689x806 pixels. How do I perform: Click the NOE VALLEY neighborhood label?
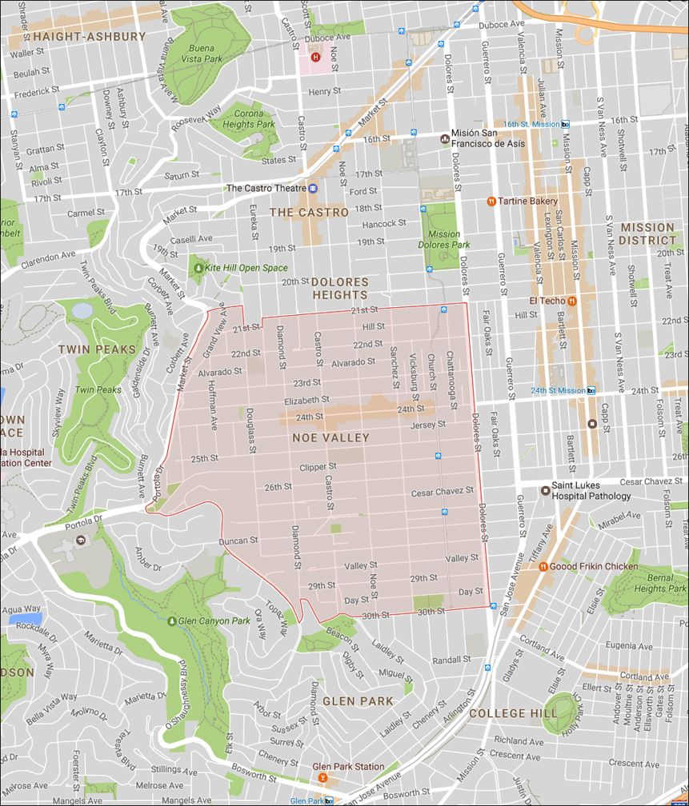pyautogui.click(x=330, y=437)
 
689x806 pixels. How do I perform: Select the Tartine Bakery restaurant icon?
pyautogui.click(x=491, y=201)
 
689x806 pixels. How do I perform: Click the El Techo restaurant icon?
pyautogui.click(x=573, y=301)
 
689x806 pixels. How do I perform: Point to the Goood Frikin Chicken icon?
pyautogui.click(x=543, y=566)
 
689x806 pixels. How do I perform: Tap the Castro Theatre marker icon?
pyautogui.click(x=313, y=188)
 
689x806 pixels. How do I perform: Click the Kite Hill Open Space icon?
pyautogui.click(x=198, y=268)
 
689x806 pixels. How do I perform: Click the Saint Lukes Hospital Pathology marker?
pyautogui.click(x=544, y=489)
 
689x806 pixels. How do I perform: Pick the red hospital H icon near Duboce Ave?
pyautogui.click(x=315, y=57)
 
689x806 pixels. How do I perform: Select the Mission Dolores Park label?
pyautogui.click(x=443, y=240)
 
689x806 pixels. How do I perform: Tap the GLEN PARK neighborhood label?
pyautogui.click(x=358, y=701)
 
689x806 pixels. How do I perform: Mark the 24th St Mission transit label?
pyautogui.click(x=557, y=390)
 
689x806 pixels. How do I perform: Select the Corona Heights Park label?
pyautogui.click(x=249, y=119)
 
